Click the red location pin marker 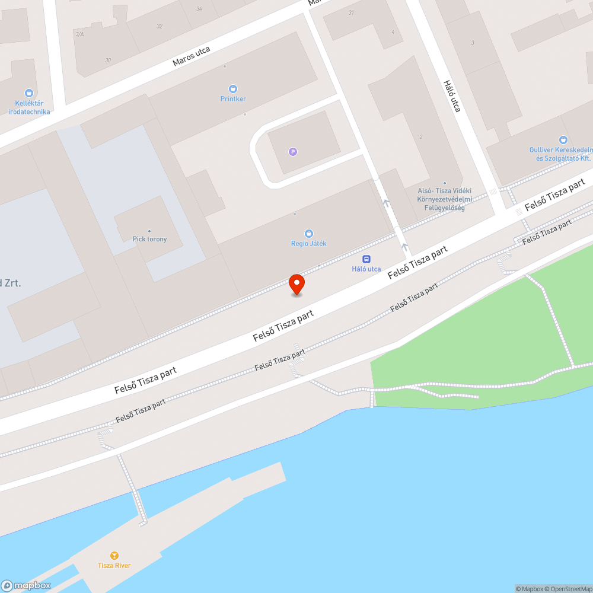pos(296,284)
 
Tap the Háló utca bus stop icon pos(366,259)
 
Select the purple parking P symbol pos(292,152)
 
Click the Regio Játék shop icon pos(308,234)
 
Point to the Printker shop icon pos(233,89)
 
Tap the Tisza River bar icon pos(114,556)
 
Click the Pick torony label pos(149,239)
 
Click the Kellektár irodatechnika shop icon pos(28,93)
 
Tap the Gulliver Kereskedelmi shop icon pos(563,141)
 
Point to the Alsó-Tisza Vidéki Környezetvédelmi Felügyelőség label pos(444,196)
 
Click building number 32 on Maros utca pos(160,26)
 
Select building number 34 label pos(199,8)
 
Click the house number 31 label pos(351,12)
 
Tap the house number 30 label pos(107,60)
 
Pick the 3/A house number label pos(79,34)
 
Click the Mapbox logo pos(25,585)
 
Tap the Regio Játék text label pos(308,244)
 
